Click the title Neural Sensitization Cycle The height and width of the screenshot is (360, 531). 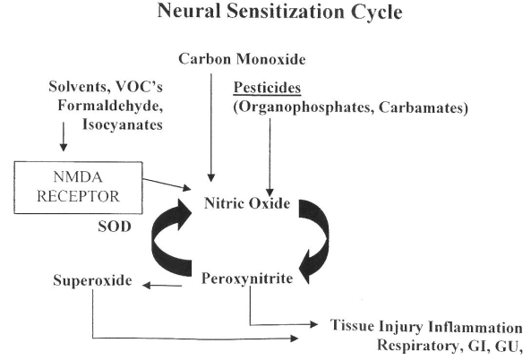(279, 12)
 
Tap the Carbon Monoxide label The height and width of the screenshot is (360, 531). (242, 59)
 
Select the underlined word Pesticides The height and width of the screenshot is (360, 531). (267, 88)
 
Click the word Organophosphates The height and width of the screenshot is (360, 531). (304, 107)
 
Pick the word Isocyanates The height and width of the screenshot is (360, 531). (123, 124)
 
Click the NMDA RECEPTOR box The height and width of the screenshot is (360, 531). (78, 188)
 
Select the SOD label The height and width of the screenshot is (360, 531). (115, 227)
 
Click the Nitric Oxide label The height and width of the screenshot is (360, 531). (247, 203)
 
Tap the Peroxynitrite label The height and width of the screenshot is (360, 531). (247, 279)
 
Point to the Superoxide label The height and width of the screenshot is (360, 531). (92, 280)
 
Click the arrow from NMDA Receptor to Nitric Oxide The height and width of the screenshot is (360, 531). (167, 184)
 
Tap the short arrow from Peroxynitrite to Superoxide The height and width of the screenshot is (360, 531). (162, 286)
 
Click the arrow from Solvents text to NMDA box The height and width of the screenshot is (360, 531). (64, 136)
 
